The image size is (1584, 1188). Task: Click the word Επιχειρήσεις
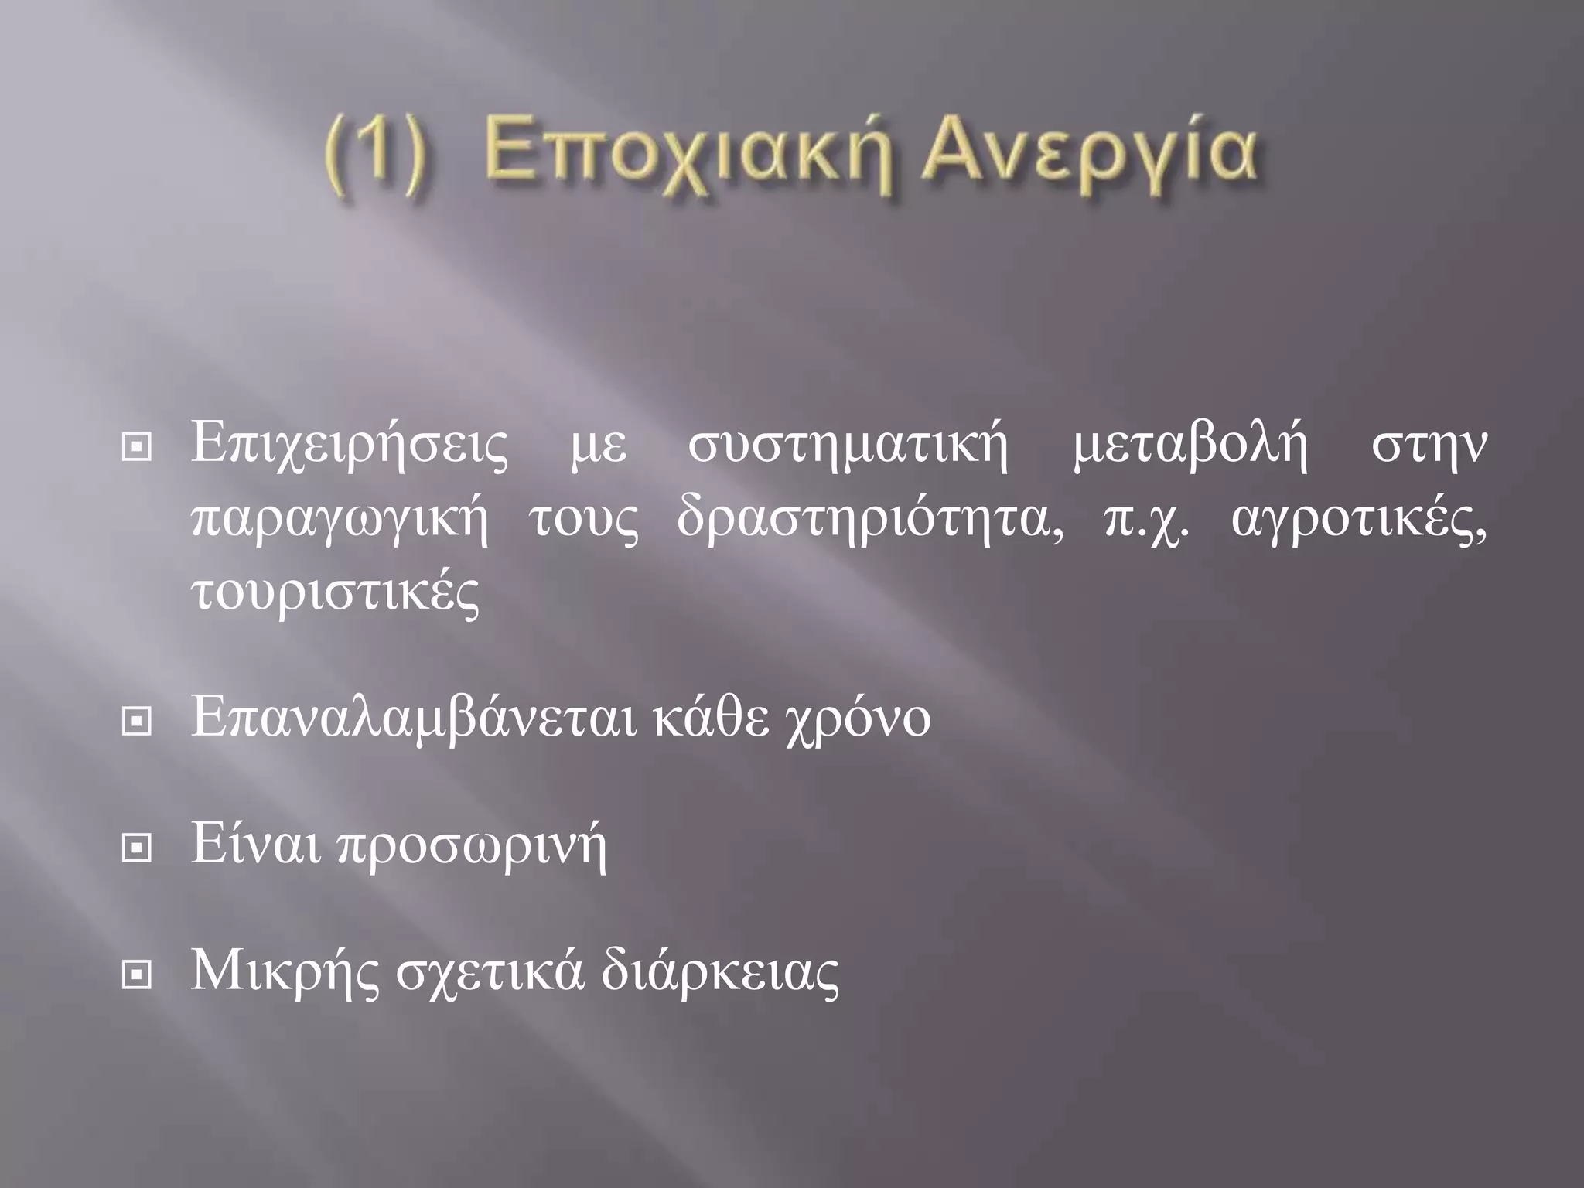[x=350, y=448]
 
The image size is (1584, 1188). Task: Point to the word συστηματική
[x=848, y=448]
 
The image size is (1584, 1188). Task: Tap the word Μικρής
[x=285, y=973]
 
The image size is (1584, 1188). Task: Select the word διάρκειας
[x=720, y=971]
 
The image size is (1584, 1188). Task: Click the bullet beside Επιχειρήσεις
[x=136, y=448]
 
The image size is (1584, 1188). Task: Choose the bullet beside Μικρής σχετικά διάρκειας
[x=136, y=976]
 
